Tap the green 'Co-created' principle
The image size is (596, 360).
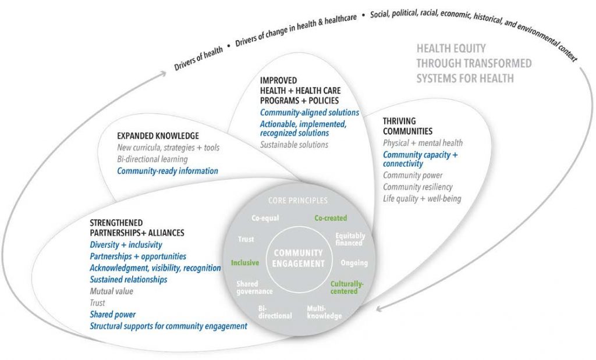click(331, 218)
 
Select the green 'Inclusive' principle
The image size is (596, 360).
click(244, 263)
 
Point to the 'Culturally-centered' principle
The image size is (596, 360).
click(347, 287)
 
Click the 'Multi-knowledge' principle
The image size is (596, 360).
click(324, 312)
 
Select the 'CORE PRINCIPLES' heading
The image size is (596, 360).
click(297, 201)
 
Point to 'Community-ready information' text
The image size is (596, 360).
click(168, 171)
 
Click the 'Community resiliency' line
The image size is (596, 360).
click(417, 187)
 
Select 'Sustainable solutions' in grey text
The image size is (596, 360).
click(294, 144)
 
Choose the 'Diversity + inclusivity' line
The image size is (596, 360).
click(126, 245)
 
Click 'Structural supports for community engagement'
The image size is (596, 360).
click(169, 326)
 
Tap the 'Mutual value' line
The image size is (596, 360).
click(111, 291)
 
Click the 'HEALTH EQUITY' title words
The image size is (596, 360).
click(450, 49)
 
